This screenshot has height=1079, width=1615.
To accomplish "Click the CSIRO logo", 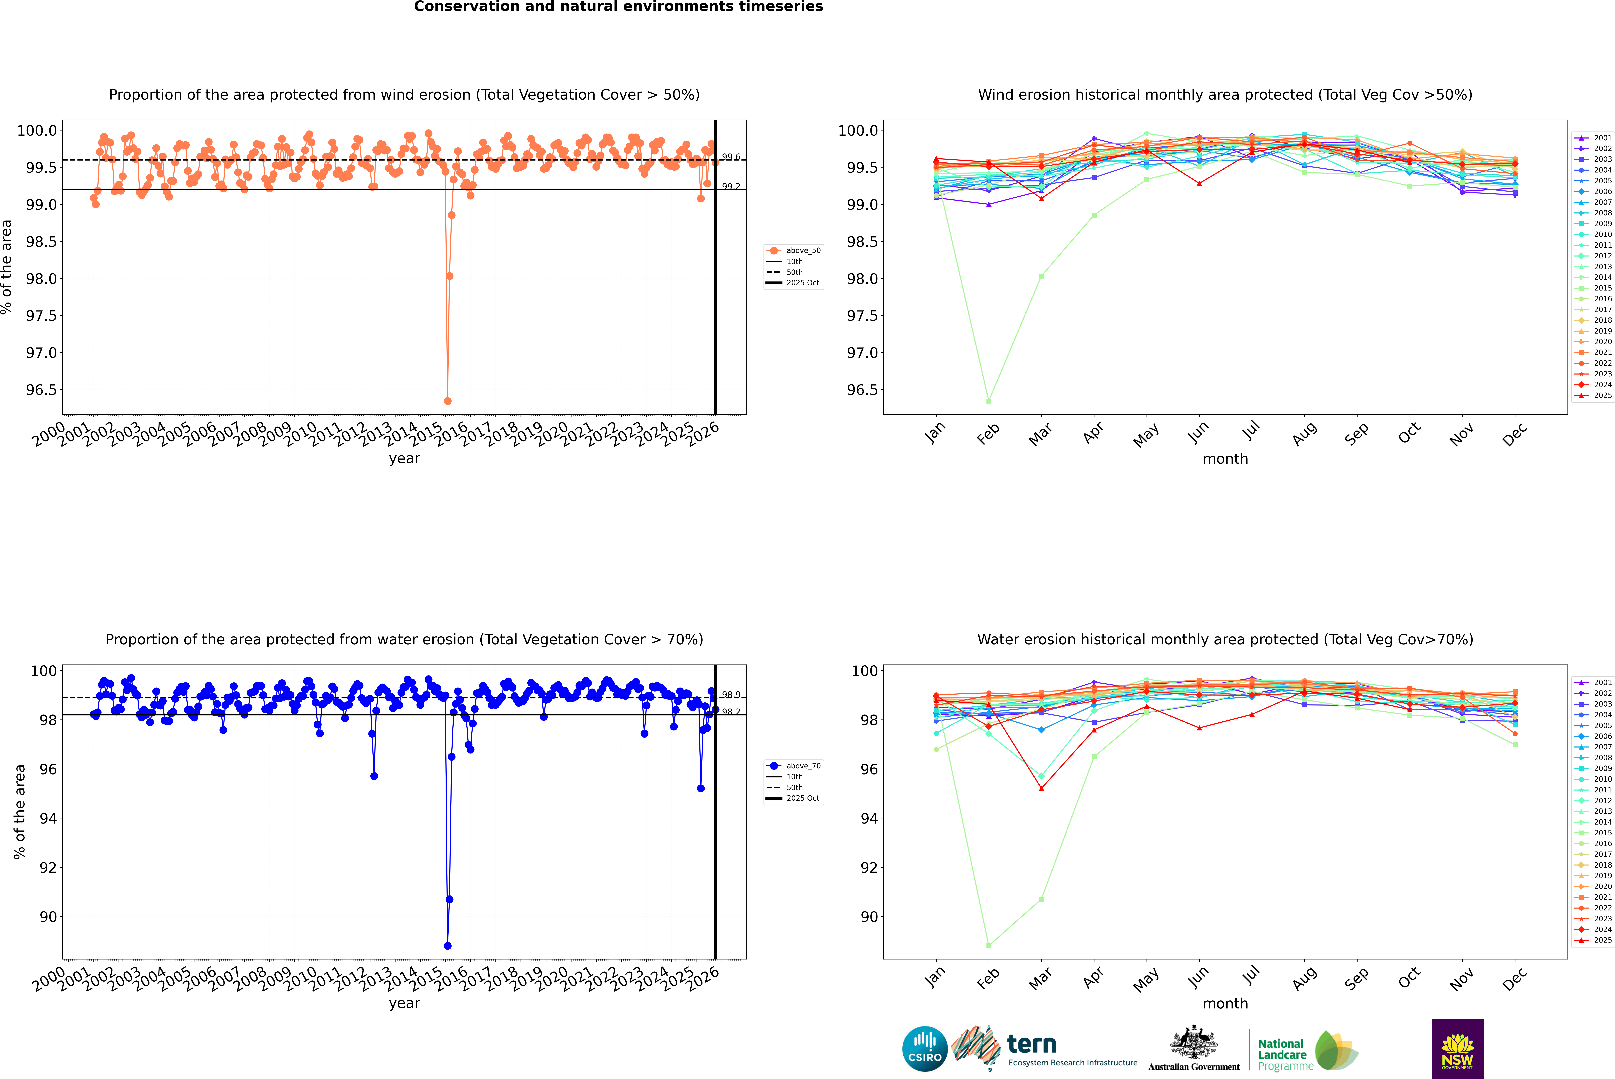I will pyautogui.click(x=925, y=1049).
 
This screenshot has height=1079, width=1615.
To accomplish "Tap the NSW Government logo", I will pyautogui.click(x=1457, y=1049).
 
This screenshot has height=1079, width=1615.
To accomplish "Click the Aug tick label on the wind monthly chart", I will pyautogui.click(x=1305, y=433).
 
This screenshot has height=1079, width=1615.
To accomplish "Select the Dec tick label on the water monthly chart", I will pyautogui.click(x=1515, y=979).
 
